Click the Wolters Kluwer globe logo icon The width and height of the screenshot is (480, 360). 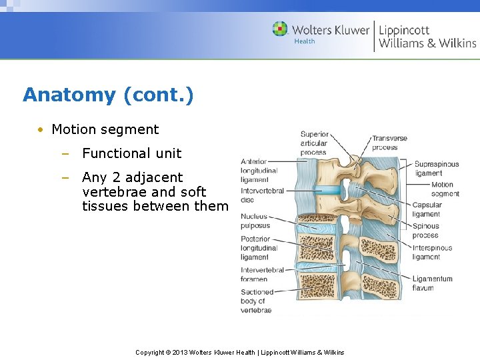click(x=280, y=29)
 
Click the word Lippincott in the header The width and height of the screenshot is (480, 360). click(x=404, y=29)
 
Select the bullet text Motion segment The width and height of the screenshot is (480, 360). click(x=105, y=129)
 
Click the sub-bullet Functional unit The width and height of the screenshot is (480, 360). click(x=131, y=153)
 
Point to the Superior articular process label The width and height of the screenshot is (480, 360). click(x=314, y=143)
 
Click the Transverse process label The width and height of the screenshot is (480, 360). click(x=389, y=143)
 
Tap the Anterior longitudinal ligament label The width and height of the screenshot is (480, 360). click(x=255, y=171)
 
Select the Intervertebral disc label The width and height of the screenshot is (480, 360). click(x=262, y=195)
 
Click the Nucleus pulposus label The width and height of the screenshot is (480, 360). click(x=255, y=221)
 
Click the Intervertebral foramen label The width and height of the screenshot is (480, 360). click(x=262, y=274)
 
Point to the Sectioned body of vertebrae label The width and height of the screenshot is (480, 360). click(x=257, y=301)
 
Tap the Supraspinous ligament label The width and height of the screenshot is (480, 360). click(x=436, y=168)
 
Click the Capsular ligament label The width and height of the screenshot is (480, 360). click(x=427, y=209)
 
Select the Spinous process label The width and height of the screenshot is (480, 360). click(x=425, y=231)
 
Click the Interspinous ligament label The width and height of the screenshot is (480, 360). click(x=432, y=252)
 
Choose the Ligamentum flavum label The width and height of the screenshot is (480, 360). click(x=432, y=283)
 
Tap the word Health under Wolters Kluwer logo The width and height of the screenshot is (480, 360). click(x=305, y=41)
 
